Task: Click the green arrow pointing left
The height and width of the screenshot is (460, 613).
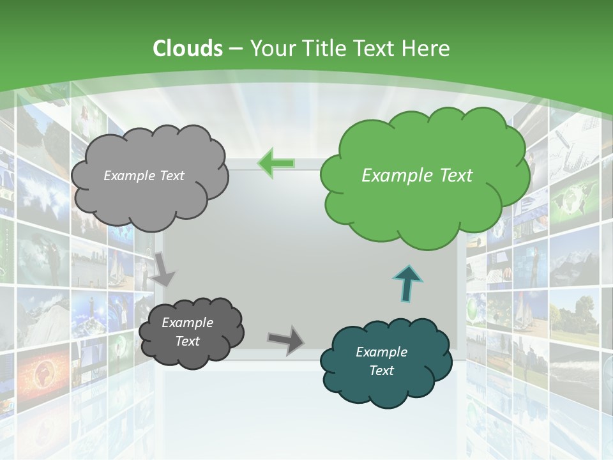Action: pos(276,163)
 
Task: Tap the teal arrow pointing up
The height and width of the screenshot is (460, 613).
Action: pos(408,283)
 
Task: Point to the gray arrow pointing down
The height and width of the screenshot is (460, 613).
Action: pos(163,269)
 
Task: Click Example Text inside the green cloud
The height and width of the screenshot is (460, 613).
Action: pos(417,176)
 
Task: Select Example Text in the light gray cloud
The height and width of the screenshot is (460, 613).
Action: pos(144,176)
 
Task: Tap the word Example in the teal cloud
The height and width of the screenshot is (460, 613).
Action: pos(381,352)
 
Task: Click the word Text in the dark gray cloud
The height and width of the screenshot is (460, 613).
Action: pos(187,341)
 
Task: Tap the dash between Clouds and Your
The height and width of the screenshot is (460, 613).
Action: pos(235,49)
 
